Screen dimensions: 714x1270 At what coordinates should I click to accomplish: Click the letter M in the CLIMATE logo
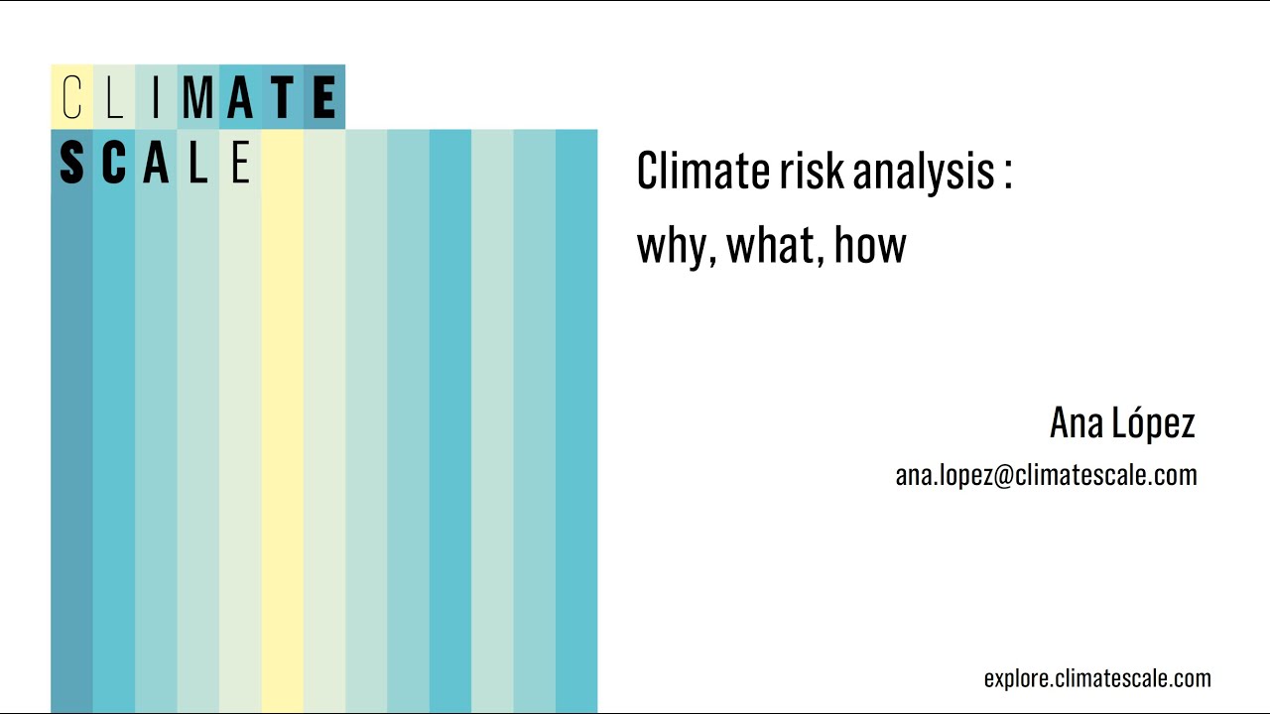tap(198, 98)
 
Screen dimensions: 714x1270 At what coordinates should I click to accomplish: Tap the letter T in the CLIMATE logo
tap(283, 98)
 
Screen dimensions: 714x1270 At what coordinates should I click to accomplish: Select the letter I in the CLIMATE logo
tap(156, 98)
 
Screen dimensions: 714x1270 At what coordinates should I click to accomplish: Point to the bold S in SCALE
tap(71, 163)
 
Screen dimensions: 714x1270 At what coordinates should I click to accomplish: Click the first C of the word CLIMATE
tap(71, 98)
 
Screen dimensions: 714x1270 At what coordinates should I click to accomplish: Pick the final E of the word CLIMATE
tap(323, 98)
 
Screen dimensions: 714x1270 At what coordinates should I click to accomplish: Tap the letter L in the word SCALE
tap(198, 163)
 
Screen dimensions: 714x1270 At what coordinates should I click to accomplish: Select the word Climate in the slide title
tap(701, 171)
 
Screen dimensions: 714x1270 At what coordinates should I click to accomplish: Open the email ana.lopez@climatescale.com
tap(1046, 475)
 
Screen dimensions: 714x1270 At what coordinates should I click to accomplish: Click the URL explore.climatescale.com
tap(1097, 679)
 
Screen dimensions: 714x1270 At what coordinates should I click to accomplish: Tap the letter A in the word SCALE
tap(156, 163)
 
